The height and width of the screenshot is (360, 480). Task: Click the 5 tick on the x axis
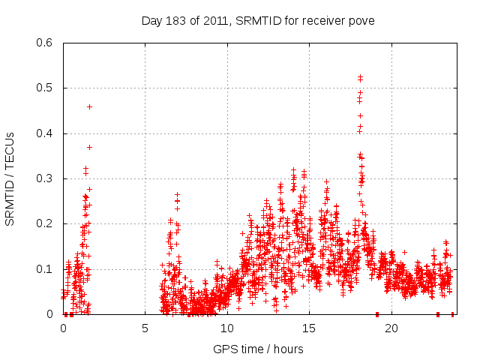pos(145,328)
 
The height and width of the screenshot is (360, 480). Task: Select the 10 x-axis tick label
pos(226,328)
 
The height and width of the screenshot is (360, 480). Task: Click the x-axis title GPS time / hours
pos(258,349)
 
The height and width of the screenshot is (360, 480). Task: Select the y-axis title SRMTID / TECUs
pos(10,178)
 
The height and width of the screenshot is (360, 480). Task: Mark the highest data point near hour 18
pos(360,76)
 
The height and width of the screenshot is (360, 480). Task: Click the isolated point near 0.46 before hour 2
pos(89,106)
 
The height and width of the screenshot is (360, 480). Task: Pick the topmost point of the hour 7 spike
pos(178,194)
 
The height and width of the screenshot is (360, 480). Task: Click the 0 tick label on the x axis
pos(63,328)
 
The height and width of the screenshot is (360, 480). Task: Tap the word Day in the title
pos(151,20)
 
